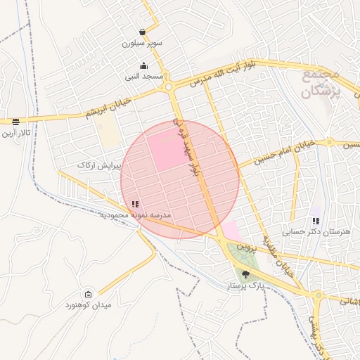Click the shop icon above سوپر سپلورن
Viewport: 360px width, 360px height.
(143, 32)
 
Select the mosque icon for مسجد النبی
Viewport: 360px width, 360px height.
(144, 65)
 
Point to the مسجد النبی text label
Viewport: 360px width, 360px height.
(145, 76)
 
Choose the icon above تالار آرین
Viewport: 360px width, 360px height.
(15, 122)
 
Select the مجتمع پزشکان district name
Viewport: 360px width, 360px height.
(321, 82)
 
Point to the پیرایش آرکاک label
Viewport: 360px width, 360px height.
(100, 165)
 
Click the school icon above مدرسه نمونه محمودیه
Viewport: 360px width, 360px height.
(135, 204)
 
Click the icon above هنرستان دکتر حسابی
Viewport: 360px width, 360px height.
(316, 221)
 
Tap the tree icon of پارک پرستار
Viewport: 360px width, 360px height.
(245, 276)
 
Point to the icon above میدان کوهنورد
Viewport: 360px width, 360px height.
(88, 294)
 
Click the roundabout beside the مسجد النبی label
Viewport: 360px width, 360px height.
(169, 88)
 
